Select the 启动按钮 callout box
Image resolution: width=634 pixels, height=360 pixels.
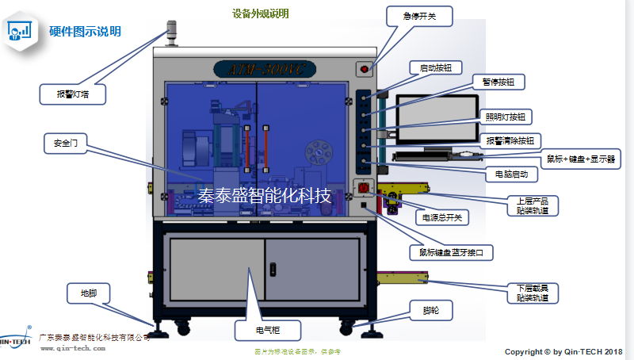coord(435,68)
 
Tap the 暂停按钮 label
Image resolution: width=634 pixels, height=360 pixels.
coord(498,82)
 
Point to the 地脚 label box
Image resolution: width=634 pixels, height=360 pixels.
coord(87,293)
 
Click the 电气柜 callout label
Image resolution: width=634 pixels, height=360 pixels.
coord(267,329)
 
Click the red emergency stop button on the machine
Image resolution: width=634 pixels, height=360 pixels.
coord(365,69)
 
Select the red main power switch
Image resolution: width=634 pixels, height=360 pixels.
coord(365,189)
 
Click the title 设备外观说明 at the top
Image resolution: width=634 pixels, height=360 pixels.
coord(261,13)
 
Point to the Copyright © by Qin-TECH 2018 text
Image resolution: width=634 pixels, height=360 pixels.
coord(563,351)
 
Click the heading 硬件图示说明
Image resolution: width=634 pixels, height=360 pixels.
coord(86,32)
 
